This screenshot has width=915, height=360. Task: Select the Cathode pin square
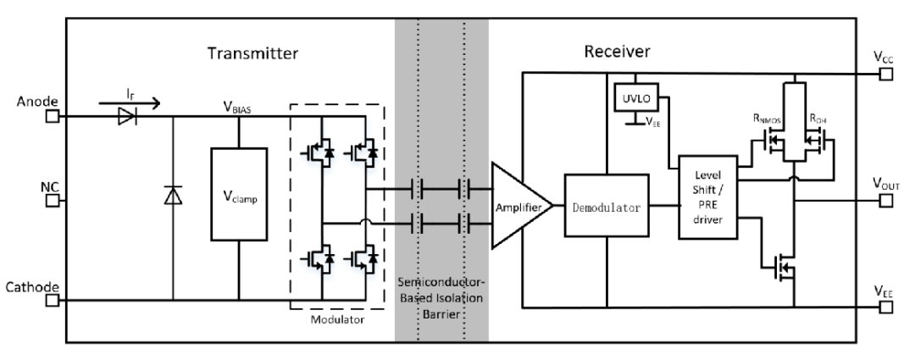(53, 299)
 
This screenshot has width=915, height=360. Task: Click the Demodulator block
(607, 205)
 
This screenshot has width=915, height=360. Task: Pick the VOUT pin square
(884, 201)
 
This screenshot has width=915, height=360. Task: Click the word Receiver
(616, 53)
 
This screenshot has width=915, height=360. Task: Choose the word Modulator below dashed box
(336, 322)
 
